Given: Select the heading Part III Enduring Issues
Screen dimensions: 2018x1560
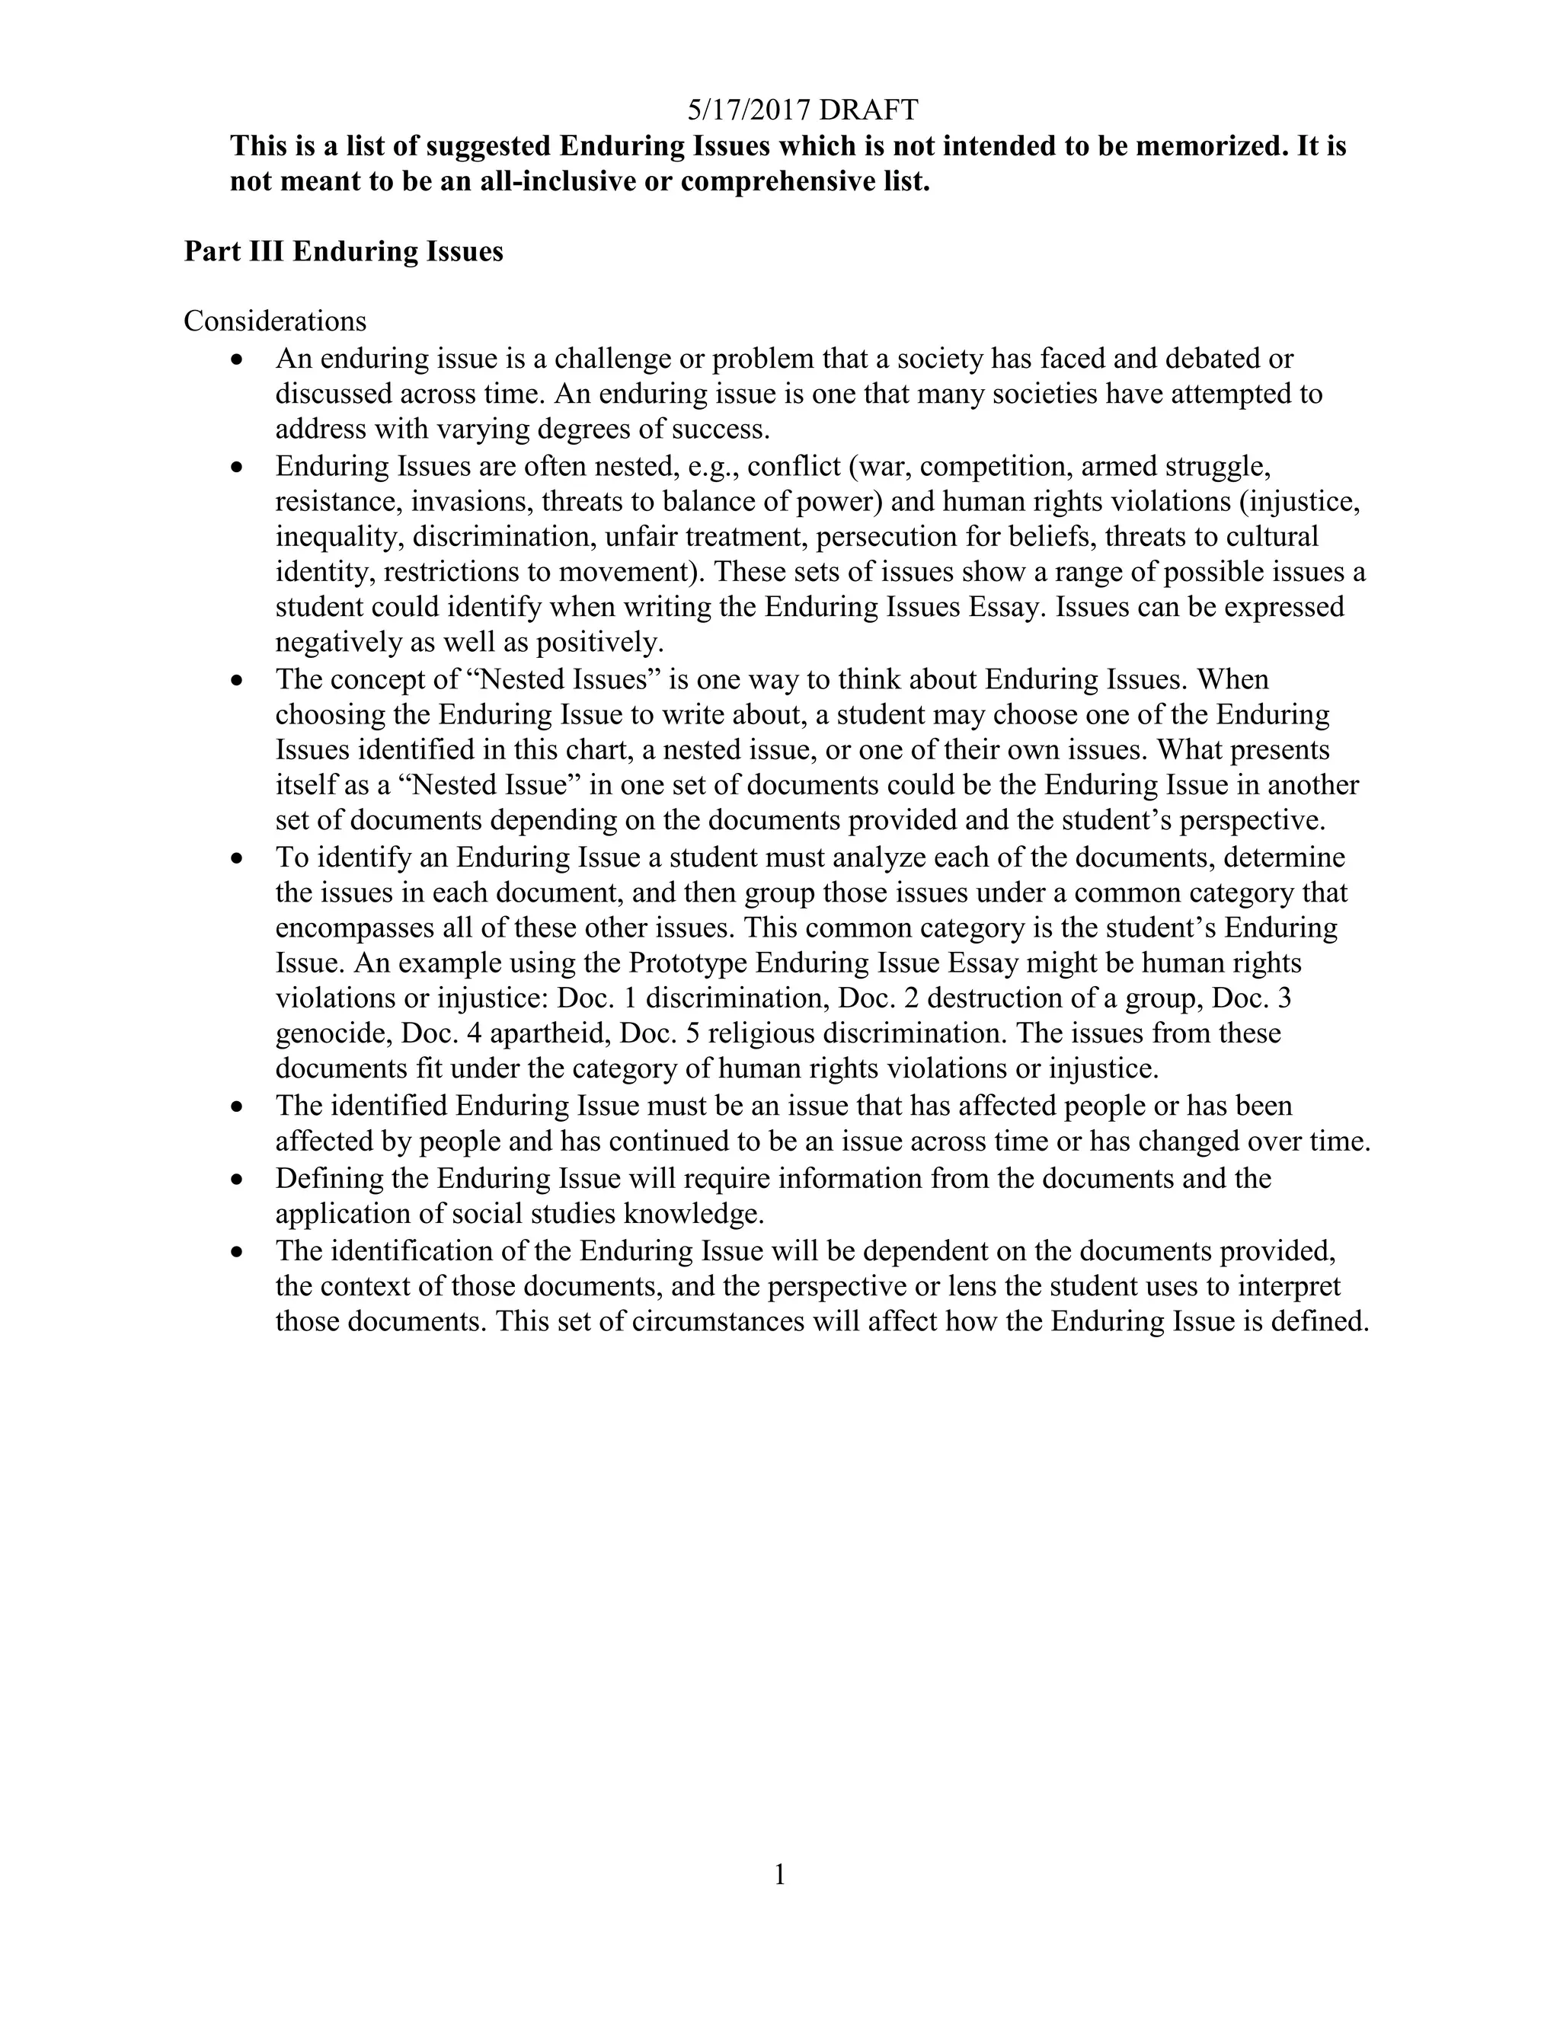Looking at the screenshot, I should (x=343, y=251).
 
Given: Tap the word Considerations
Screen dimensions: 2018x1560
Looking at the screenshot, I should (x=274, y=321).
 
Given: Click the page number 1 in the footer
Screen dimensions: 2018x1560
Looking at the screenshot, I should (x=779, y=1875).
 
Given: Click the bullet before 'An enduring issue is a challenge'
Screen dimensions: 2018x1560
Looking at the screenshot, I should (x=238, y=359).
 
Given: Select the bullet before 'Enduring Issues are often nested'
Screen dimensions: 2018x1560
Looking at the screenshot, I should (x=238, y=468).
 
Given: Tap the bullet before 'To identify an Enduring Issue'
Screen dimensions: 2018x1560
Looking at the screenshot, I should (x=238, y=858).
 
